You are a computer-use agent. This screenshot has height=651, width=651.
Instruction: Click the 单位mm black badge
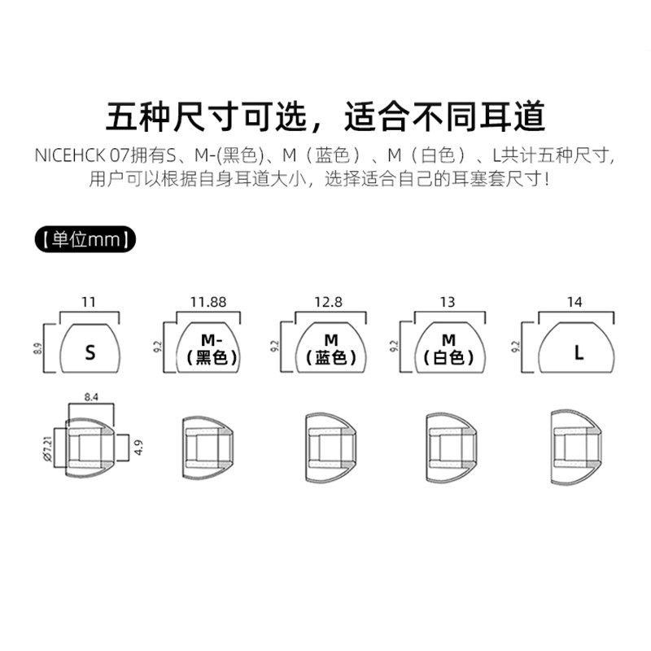(x=85, y=240)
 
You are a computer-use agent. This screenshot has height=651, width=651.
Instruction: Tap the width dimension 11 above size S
(x=90, y=302)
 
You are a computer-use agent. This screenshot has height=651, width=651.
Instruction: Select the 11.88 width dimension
(x=208, y=302)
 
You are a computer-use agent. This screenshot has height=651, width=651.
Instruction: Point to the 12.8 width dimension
(x=329, y=302)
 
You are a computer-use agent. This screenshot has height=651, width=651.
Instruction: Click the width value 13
(x=447, y=302)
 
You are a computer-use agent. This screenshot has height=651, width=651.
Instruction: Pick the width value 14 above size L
(x=575, y=302)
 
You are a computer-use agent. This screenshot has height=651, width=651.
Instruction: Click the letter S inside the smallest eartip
(x=90, y=353)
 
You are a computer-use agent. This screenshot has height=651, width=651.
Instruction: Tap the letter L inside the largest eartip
(x=579, y=353)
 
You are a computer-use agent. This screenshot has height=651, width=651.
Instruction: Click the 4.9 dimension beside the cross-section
(x=139, y=447)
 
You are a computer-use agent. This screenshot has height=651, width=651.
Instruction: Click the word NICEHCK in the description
(x=68, y=155)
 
